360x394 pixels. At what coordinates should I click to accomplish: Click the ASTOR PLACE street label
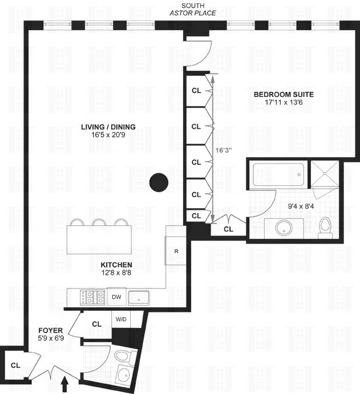[193, 12]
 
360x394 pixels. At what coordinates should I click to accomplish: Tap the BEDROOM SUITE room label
[284, 95]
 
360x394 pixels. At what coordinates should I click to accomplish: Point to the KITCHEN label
[116, 265]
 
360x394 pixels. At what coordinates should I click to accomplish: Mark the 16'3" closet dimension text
[224, 151]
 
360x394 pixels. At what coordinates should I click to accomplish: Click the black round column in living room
[159, 183]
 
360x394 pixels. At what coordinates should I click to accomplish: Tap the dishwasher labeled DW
[116, 297]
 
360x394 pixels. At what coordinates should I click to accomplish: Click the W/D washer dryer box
[121, 320]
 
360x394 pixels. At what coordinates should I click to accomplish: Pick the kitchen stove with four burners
[93, 297]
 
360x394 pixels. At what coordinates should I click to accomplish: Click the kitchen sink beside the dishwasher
[139, 297]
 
